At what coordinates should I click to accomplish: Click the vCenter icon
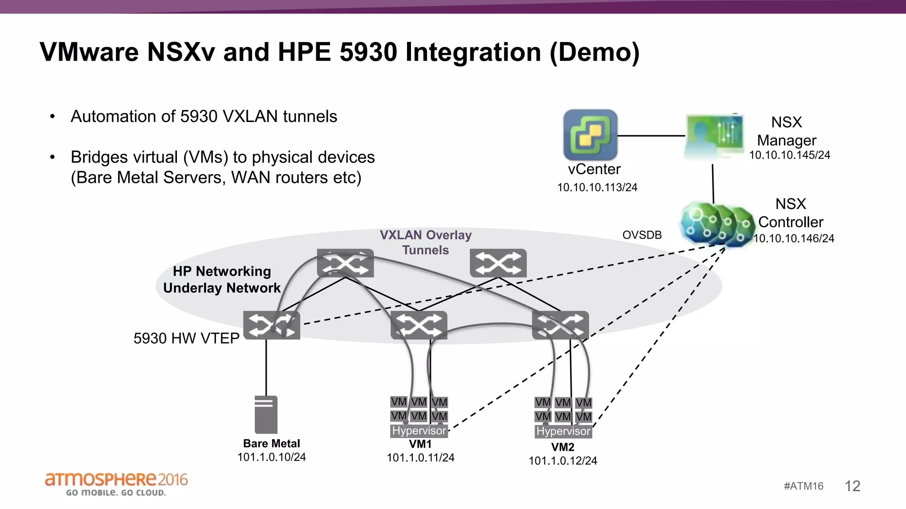[590, 135]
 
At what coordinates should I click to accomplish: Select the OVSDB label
[642, 235]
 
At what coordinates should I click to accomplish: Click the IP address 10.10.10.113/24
[597, 187]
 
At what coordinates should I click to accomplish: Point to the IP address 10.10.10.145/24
[789, 155]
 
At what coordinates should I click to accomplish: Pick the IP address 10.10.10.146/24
[794, 239]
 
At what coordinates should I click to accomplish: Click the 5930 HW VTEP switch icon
[272, 325]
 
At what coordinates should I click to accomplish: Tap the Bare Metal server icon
[266, 414]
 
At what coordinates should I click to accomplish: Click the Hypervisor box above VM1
[419, 431]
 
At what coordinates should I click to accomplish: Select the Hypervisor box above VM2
[563, 431]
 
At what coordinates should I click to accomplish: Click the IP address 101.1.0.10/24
[271, 457]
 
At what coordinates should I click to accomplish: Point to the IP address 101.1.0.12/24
[563, 461]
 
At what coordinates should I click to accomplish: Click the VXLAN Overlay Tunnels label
[426, 243]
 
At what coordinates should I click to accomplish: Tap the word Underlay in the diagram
[192, 288]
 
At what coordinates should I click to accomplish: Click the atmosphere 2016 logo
[116, 483]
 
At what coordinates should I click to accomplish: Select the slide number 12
[852, 486]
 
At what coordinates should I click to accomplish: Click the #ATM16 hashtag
[803, 486]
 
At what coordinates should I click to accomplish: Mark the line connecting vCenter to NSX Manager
[651, 136]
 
